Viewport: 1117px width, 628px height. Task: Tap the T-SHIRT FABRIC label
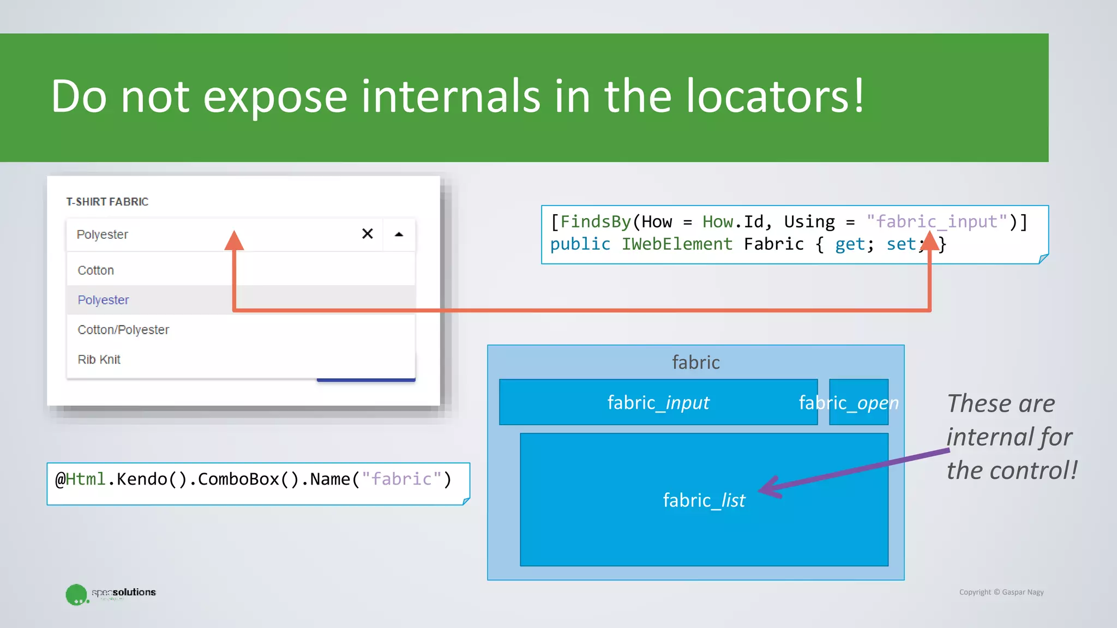pos(107,202)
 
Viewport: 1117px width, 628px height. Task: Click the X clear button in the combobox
pos(368,234)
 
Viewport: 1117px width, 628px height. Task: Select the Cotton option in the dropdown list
pos(96,270)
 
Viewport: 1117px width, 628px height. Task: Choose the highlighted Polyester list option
pos(104,300)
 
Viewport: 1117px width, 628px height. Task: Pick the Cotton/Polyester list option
pos(123,330)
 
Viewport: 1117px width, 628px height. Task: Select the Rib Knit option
pos(99,360)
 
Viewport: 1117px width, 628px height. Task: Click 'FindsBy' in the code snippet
pos(595,222)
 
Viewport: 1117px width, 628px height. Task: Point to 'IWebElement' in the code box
pos(676,244)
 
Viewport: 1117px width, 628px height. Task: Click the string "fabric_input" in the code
pos(936,222)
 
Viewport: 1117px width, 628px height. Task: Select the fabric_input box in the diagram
pos(658,402)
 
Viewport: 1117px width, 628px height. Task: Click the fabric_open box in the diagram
pos(858,402)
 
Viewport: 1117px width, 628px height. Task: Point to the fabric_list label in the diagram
pos(704,500)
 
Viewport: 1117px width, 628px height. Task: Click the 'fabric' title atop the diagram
pos(695,363)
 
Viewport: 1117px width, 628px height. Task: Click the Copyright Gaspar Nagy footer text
pos(1001,592)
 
